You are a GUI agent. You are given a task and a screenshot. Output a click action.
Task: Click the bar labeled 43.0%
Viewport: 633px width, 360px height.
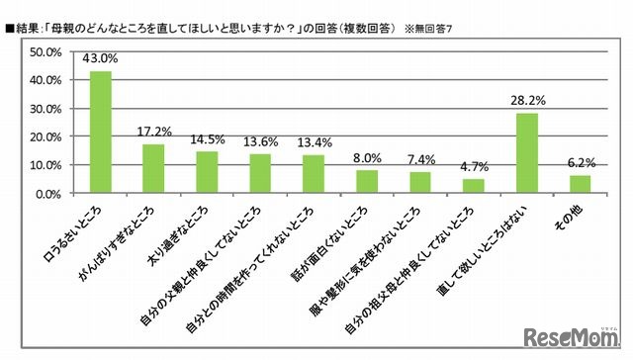click(x=101, y=133)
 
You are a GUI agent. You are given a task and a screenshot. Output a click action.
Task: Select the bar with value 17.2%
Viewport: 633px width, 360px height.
click(x=153, y=169)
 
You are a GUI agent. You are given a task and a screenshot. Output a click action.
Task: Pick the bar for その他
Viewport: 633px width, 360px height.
click(x=581, y=185)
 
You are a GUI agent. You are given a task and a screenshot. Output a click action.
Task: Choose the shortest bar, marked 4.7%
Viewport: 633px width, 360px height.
click(x=474, y=187)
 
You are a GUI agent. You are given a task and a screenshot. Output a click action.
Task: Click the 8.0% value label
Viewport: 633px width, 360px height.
click(x=367, y=158)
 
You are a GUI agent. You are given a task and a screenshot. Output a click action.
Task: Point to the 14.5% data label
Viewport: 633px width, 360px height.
click(x=207, y=139)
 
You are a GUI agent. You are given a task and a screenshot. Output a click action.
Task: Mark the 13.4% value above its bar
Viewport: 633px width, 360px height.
click(x=314, y=142)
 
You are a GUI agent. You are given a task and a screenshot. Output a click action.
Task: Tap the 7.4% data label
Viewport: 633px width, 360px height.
click(x=420, y=159)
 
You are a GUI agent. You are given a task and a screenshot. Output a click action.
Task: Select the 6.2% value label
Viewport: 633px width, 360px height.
click(x=581, y=163)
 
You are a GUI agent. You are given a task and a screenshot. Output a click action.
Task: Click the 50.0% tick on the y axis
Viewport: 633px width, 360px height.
click(x=48, y=51)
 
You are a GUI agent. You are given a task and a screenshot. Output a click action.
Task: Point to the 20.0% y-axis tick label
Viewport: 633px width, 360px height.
click(x=48, y=136)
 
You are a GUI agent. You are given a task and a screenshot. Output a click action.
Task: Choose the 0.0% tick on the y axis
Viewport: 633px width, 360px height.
click(x=51, y=194)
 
